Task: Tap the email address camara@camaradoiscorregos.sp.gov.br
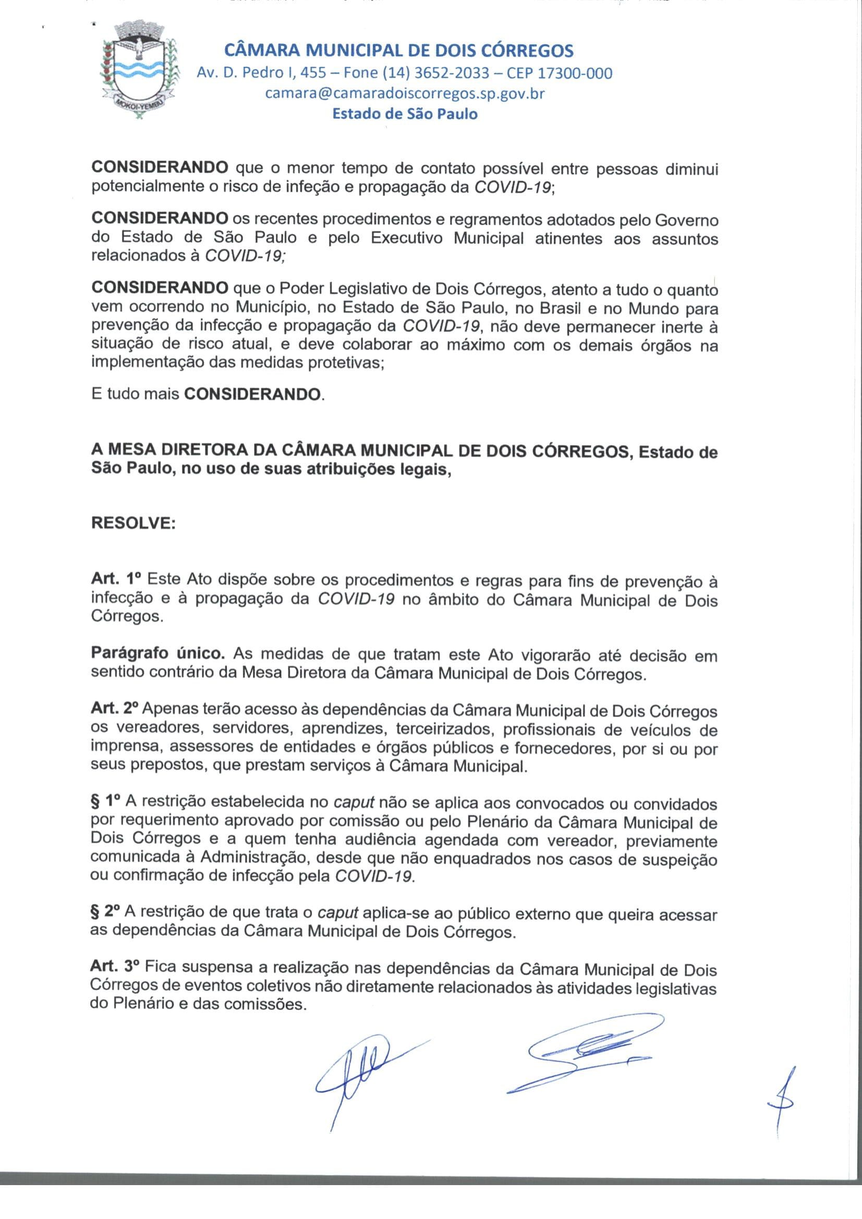[x=405, y=93]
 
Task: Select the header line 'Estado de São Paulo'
[x=405, y=114]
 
